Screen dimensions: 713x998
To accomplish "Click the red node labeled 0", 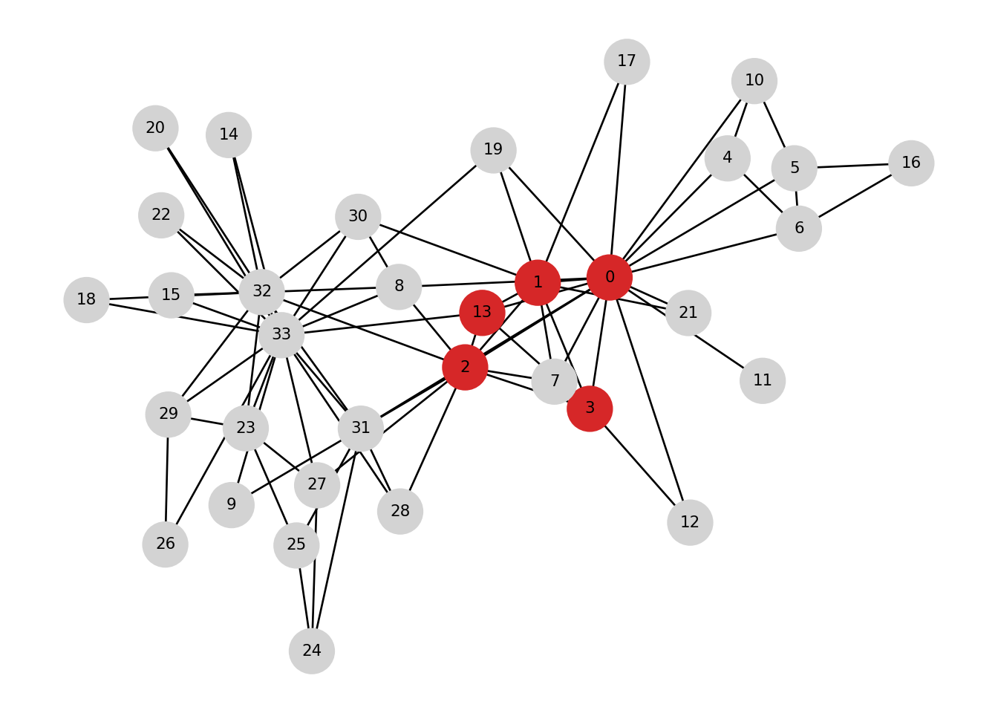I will pyautogui.click(x=610, y=277).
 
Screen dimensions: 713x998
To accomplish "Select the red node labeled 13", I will pyautogui.click(x=482, y=312).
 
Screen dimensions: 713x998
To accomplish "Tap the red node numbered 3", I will pyautogui.click(x=590, y=408).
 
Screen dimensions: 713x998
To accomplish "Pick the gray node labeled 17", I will pyautogui.click(x=627, y=61).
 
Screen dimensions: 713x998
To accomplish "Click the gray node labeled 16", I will pyautogui.click(x=911, y=163).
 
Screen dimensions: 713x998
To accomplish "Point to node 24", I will pyautogui.click(x=312, y=651).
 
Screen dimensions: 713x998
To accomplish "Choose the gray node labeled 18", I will pyautogui.click(x=86, y=299).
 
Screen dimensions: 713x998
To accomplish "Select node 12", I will pyautogui.click(x=690, y=522).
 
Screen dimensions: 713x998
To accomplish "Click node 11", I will pyautogui.click(x=763, y=380).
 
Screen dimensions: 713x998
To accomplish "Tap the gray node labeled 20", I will pyautogui.click(x=155, y=128).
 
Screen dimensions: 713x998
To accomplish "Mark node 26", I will pyautogui.click(x=165, y=544).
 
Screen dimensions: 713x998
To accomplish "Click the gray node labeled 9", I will pyautogui.click(x=232, y=504).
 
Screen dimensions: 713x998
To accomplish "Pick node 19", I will pyautogui.click(x=493, y=149).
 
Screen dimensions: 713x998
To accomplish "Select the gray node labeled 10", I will pyautogui.click(x=754, y=80).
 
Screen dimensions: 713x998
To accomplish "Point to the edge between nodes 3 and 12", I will pyautogui.click(x=640, y=466).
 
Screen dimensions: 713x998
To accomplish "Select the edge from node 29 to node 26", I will pyautogui.click(x=167, y=479).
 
